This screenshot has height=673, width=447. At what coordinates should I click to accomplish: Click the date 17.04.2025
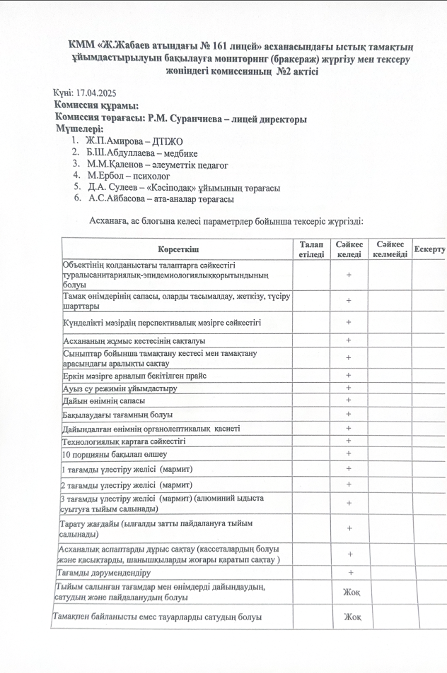coord(95,93)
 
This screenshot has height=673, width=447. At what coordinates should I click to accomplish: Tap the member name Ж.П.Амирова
coord(115,141)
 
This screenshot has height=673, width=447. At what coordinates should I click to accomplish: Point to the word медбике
coord(180,153)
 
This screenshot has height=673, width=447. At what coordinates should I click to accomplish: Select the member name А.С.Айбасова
coord(117,200)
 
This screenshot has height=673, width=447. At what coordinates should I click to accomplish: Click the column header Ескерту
coord(429,250)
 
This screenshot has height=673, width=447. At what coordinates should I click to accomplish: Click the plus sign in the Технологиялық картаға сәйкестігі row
coord(349,441)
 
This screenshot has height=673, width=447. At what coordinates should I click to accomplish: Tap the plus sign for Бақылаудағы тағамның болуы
coord(349,415)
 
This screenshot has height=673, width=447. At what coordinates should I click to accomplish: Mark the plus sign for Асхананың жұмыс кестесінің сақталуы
coord(349,340)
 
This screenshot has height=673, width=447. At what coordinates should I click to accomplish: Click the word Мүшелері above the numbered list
coord(79,130)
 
